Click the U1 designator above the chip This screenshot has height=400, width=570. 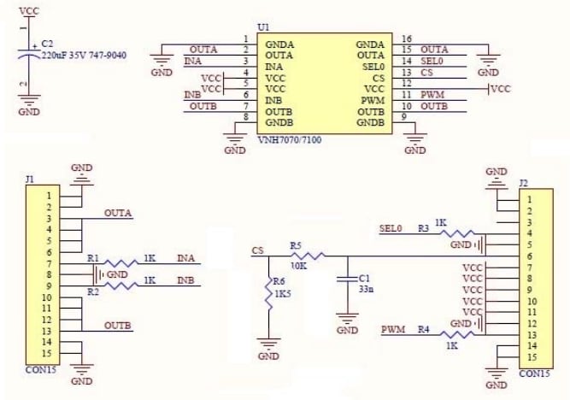(x=262, y=27)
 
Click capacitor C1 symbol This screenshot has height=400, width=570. (x=347, y=279)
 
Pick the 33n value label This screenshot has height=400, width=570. (x=364, y=290)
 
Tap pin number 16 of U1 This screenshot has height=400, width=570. (x=406, y=38)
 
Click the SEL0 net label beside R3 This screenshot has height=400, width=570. (x=391, y=228)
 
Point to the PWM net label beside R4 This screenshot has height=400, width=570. (x=393, y=329)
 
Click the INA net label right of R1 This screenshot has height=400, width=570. (x=187, y=258)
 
